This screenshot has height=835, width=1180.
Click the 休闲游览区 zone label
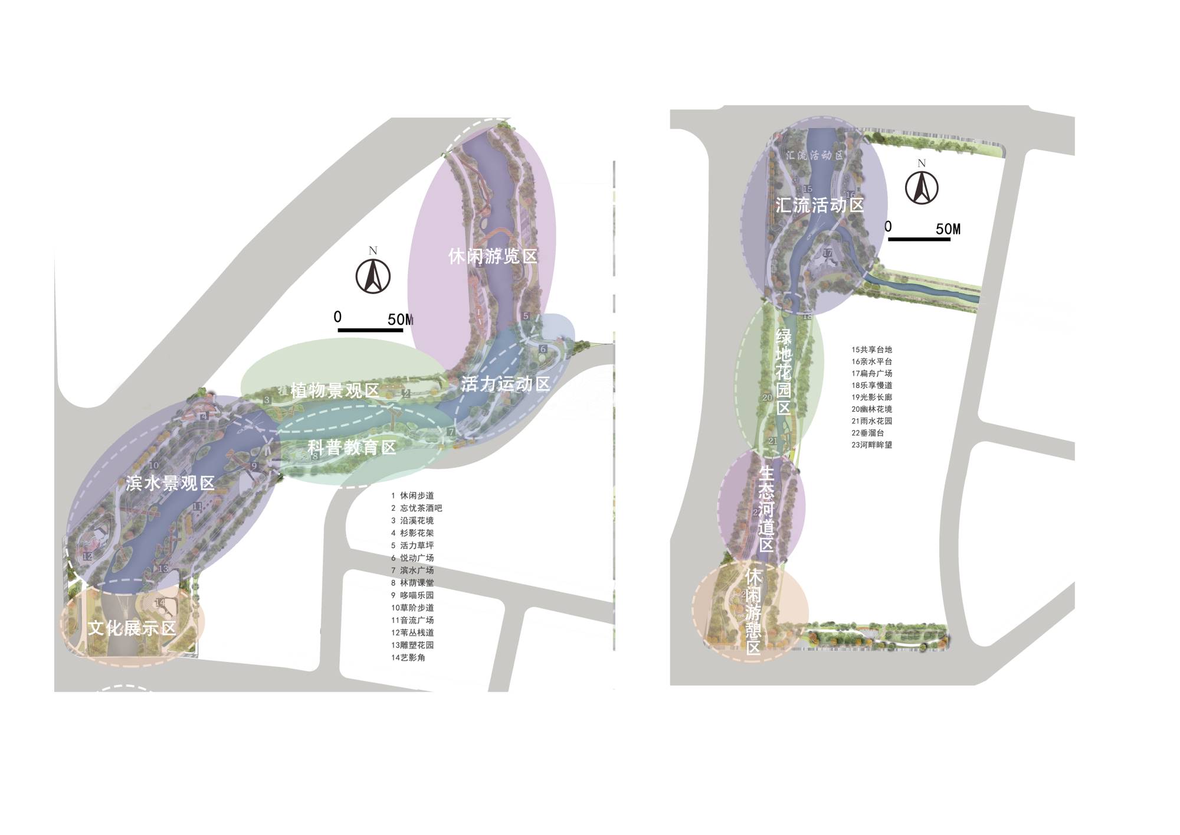coord(493,257)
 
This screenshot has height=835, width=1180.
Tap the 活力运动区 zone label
coord(505,384)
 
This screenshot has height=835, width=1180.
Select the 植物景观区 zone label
coord(335,390)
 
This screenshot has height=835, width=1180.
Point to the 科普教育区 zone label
coord(352,448)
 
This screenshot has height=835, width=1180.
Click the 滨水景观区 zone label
coord(170,484)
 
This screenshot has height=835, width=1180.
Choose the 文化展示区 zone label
coord(132,628)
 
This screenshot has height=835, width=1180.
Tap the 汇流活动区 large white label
coord(820,205)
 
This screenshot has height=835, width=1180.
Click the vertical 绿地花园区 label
coord(784,372)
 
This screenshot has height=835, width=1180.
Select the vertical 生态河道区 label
coord(766,509)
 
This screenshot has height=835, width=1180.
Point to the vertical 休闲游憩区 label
coord(753,612)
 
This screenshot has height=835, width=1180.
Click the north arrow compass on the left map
coord(373,276)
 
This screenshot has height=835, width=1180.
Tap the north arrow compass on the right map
coord(922,188)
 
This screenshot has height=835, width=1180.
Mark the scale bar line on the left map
coord(370,330)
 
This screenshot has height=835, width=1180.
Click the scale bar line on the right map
coord(919,239)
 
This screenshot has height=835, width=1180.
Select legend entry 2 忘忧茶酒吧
coord(416,508)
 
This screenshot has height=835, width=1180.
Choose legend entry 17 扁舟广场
coord(871,373)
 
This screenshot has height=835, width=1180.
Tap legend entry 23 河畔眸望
coord(871,445)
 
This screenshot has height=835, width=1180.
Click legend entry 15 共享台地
coord(871,350)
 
